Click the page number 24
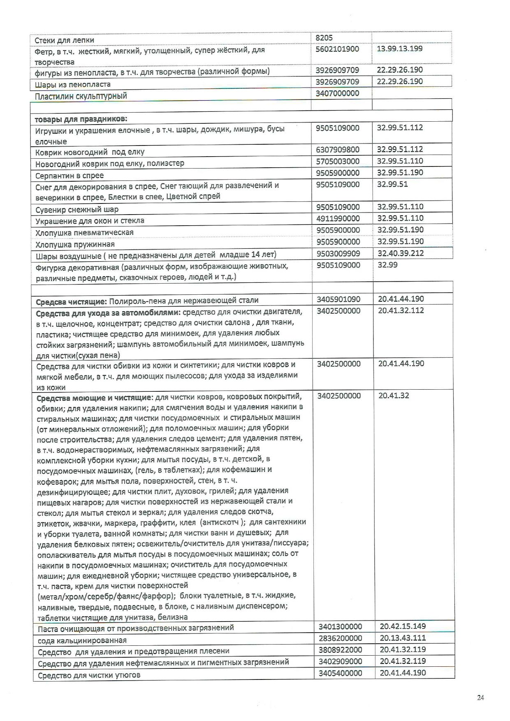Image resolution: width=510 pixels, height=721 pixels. tap(481, 697)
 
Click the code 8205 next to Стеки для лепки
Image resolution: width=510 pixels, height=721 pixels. tap(324, 38)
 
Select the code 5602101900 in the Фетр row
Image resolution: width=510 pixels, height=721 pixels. tap(337, 49)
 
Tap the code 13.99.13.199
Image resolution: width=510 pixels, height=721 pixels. tap(399, 49)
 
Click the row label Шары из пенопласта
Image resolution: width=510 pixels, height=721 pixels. tap(73, 84)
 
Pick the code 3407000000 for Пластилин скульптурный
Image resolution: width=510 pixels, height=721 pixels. tap(337, 93)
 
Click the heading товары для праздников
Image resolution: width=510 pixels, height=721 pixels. tap(81, 119)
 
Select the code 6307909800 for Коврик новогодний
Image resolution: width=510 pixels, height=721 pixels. tap(337, 150)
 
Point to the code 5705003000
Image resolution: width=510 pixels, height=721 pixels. tap(337, 161)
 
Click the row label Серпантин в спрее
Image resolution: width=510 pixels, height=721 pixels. tap(70, 176)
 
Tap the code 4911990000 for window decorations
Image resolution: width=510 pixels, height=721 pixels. tap(337, 218)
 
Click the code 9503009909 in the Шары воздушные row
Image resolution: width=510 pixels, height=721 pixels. tap(337, 253)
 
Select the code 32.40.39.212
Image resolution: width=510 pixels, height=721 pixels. tap(400, 253)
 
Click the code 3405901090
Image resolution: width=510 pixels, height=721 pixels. tap(338, 299)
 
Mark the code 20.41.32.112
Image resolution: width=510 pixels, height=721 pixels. tap(401, 310)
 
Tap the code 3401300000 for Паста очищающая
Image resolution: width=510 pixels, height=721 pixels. tap(340, 626)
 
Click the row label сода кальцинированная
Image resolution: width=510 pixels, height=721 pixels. tap(82, 640)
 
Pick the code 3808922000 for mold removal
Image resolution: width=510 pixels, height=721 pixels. tap(340, 649)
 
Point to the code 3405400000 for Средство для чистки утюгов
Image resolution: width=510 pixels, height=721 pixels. tap(340, 673)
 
